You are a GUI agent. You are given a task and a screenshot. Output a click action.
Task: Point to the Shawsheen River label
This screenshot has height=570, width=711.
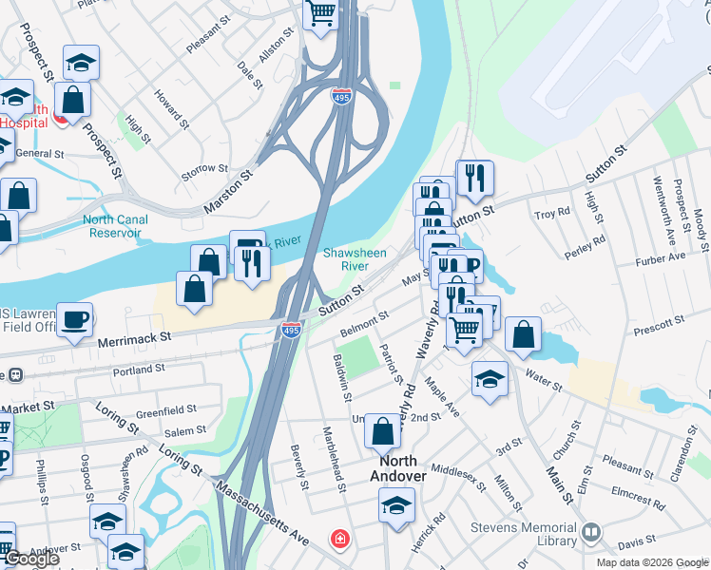tap(355, 259)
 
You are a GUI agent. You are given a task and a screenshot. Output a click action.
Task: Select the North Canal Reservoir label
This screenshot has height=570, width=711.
tap(115, 226)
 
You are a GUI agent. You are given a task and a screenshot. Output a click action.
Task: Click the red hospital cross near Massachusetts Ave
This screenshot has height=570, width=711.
tap(338, 540)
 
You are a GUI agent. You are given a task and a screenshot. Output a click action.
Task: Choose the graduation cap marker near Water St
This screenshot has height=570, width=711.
tap(489, 378)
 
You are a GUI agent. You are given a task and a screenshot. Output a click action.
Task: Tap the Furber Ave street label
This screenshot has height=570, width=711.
tap(662, 257)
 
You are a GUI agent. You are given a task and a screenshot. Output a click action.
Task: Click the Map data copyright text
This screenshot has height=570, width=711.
tap(652, 562)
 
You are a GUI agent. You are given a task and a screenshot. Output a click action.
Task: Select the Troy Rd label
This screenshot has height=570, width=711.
tap(552, 214)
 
